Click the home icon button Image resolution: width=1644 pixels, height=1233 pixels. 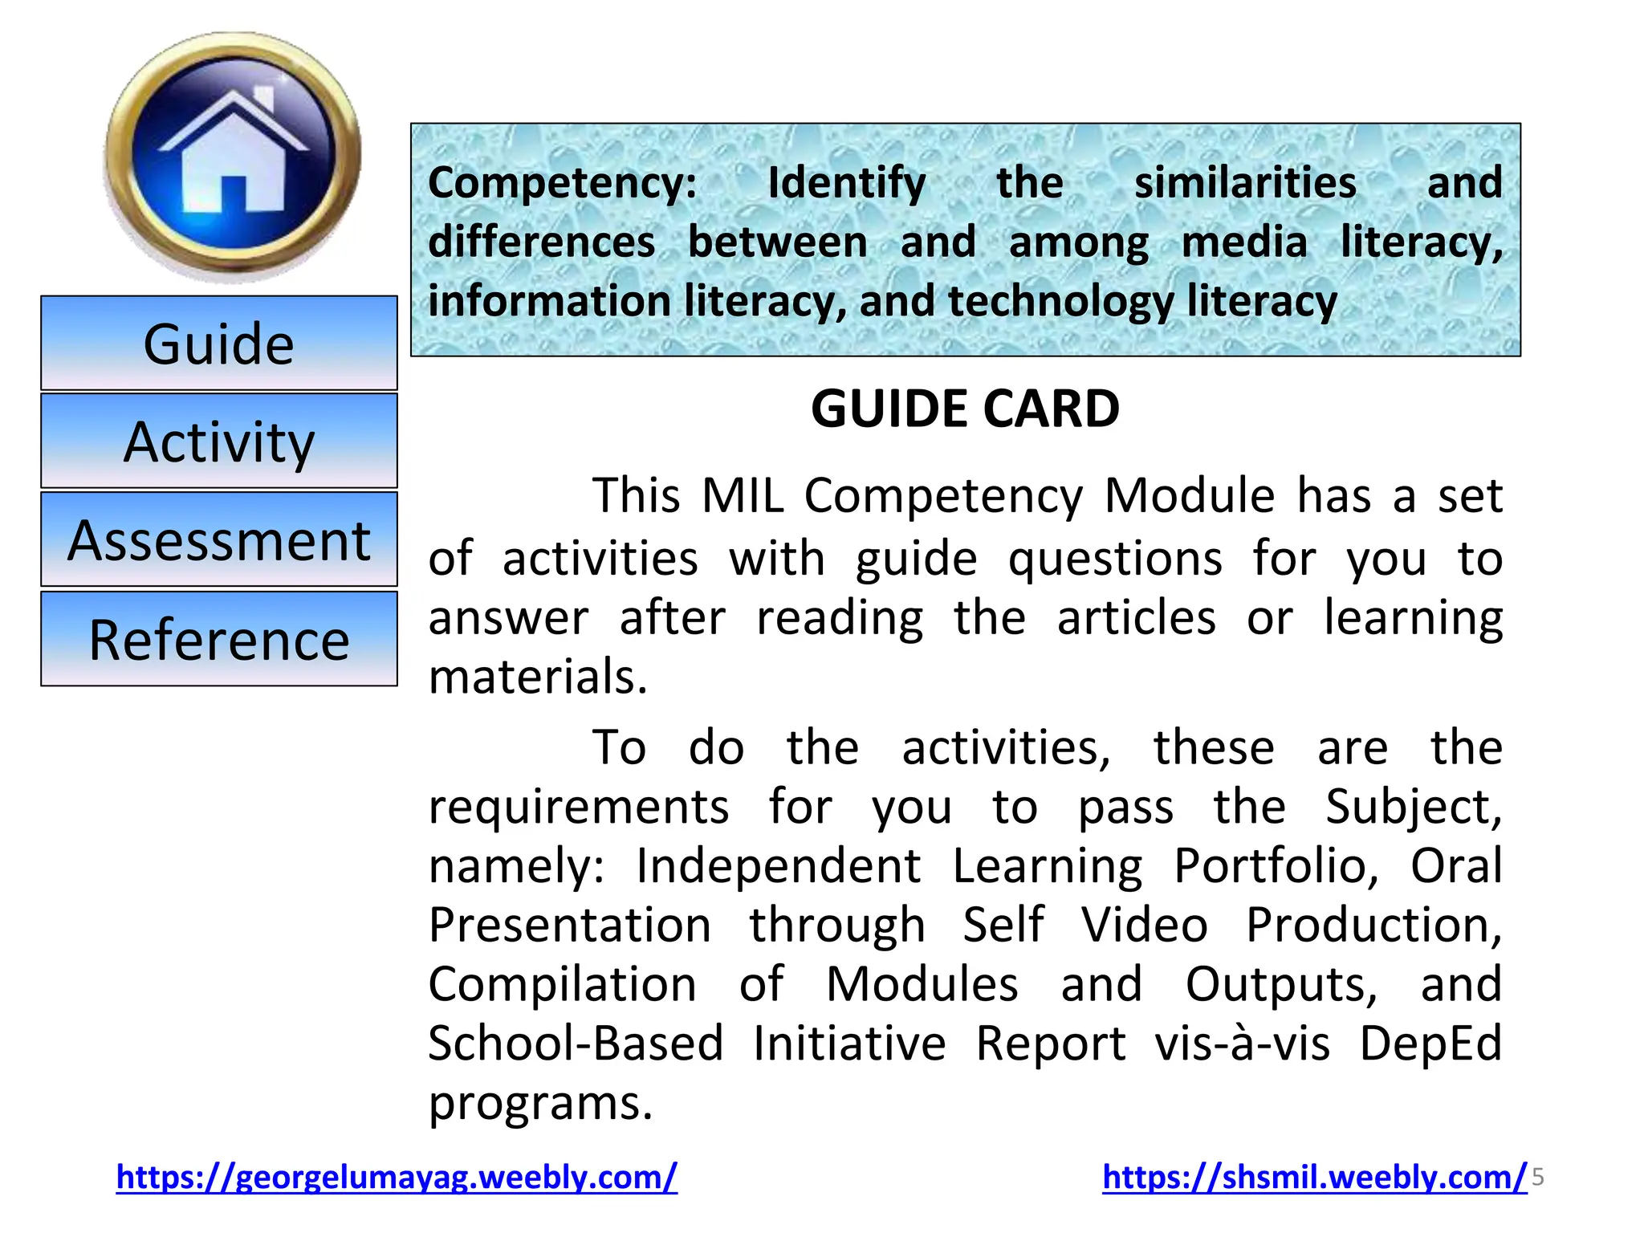pyautogui.click(x=233, y=157)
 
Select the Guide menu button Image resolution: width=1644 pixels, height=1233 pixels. pyautogui.click(x=219, y=344)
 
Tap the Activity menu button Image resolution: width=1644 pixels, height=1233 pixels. pyautogui.click(x=219, y=442)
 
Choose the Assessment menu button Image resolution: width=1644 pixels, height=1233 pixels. pyautogui.click(x=219, y=540)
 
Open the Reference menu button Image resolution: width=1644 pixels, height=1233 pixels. pyautogui.click(x=219, y=640)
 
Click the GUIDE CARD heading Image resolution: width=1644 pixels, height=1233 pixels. pyautogui.click(x=965, y=409)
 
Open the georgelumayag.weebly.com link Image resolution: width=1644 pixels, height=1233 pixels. pyautogui.click(x=397, y=1177)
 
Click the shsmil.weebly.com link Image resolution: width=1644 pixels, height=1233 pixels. pyautogui.click(x=1314, y=1177)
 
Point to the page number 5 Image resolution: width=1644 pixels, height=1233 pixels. pyautogui.click(x=1538, y=1178)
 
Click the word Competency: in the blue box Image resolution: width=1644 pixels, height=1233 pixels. pyautogui.click(x=563, y=183)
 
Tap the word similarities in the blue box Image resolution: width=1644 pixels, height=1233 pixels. pyautogui.click(x=1245, y=183)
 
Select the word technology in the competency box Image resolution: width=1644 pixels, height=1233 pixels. pyautogui.click(x=1060, y=302)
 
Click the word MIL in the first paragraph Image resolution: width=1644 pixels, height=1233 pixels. pyautogui.click(x=743, y=495)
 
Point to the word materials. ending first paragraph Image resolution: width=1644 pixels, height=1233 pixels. pyautogui.click(x=538, y=676)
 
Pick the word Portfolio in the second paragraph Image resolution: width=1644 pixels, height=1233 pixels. pyautogui.click(x=1276, y=865)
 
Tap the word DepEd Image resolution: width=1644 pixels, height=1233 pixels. pyautogui.click(x=1430, y=1044)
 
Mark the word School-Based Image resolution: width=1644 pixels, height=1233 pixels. pyautogui.click(x=576, y=1044)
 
